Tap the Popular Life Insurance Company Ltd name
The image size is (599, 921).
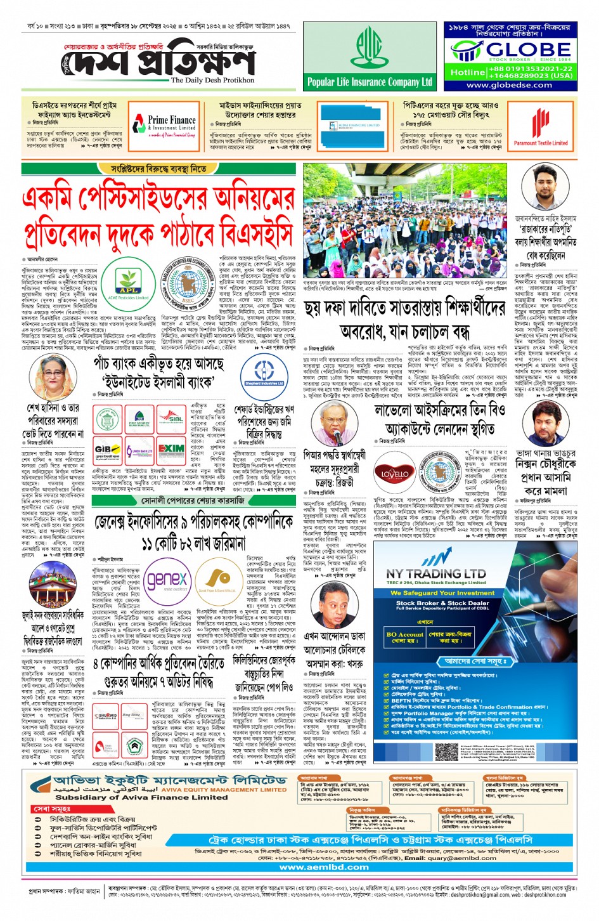click(x=370, y=82)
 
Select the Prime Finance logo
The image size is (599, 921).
click(x=165, y=123)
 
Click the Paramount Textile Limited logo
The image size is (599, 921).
click(x=540, y=127)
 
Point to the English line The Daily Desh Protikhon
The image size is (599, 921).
click(x=212, y=81)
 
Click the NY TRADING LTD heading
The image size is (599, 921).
click(x=436, y=573)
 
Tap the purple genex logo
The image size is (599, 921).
click(x=167, y=579)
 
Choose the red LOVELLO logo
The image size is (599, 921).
click(x=395, y=474)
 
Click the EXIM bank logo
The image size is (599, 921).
click(x=171, y=450)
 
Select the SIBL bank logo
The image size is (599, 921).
click(x=171, y=420)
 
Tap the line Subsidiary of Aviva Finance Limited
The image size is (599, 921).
click(x=132, y=798)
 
